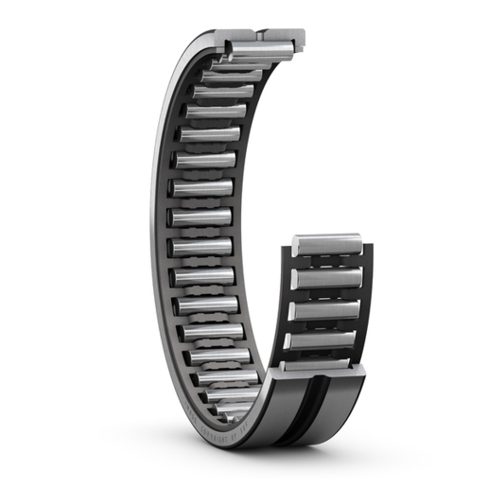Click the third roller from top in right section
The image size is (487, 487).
point(324,310)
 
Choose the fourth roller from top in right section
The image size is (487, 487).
point(322,339)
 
